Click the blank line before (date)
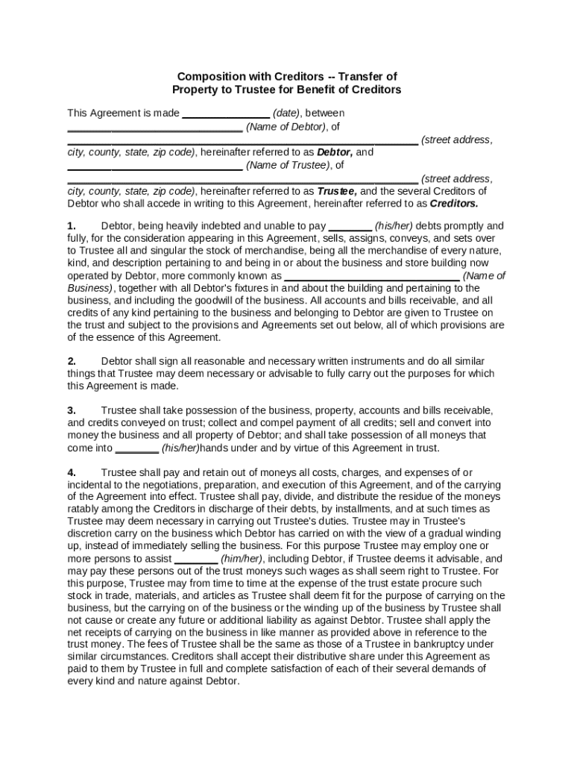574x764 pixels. [226, 113]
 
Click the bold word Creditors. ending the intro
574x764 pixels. [454, 202]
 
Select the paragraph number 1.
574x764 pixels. [72, 225]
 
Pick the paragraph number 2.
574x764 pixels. [72, 360]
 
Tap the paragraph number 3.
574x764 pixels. [72, 410]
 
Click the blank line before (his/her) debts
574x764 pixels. [350, 225]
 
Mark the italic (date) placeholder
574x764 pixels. [287, 113]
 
